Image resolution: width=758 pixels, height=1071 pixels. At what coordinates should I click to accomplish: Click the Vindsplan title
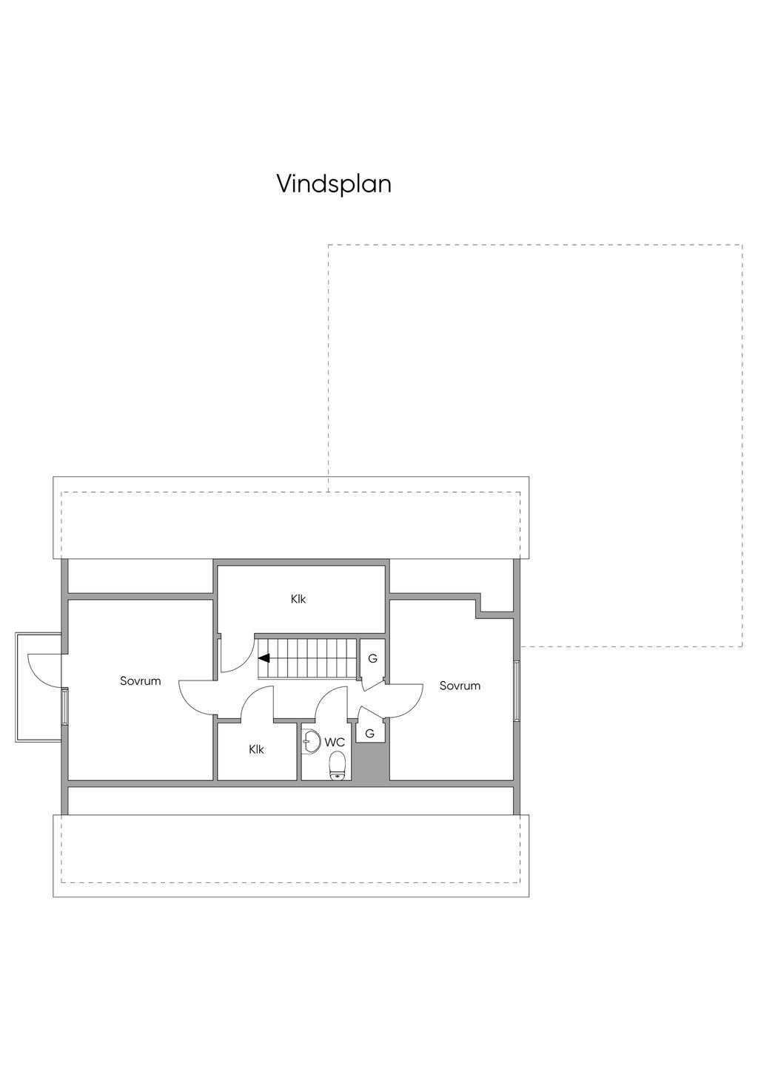pos(334,183)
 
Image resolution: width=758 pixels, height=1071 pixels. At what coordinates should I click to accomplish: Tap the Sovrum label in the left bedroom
pos(140,680)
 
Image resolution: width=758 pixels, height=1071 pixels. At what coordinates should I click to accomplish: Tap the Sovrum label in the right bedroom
pos(460,686)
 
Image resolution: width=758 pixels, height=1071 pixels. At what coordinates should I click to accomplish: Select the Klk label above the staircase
pos(298,599)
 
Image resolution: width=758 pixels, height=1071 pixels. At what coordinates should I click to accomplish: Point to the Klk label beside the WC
pos(256,749)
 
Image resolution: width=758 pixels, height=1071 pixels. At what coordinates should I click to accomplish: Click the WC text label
pos(335,742)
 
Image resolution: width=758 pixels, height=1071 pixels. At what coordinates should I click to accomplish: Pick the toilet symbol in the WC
pos(337,765)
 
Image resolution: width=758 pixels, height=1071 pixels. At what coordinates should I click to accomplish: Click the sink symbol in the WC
pos(310,740)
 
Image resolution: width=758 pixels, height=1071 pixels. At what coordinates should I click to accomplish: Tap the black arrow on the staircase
pos(264,658)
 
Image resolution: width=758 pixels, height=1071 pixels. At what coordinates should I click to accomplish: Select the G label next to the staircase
pos(372,658)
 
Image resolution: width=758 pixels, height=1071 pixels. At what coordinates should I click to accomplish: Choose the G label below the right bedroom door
pos(369,733)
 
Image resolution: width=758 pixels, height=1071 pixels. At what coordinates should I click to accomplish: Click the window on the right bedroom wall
pos(517,689)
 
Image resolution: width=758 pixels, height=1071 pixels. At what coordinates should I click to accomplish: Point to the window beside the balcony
pos(65,706)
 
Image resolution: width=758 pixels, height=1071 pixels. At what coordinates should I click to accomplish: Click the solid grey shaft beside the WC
pos(370,762)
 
